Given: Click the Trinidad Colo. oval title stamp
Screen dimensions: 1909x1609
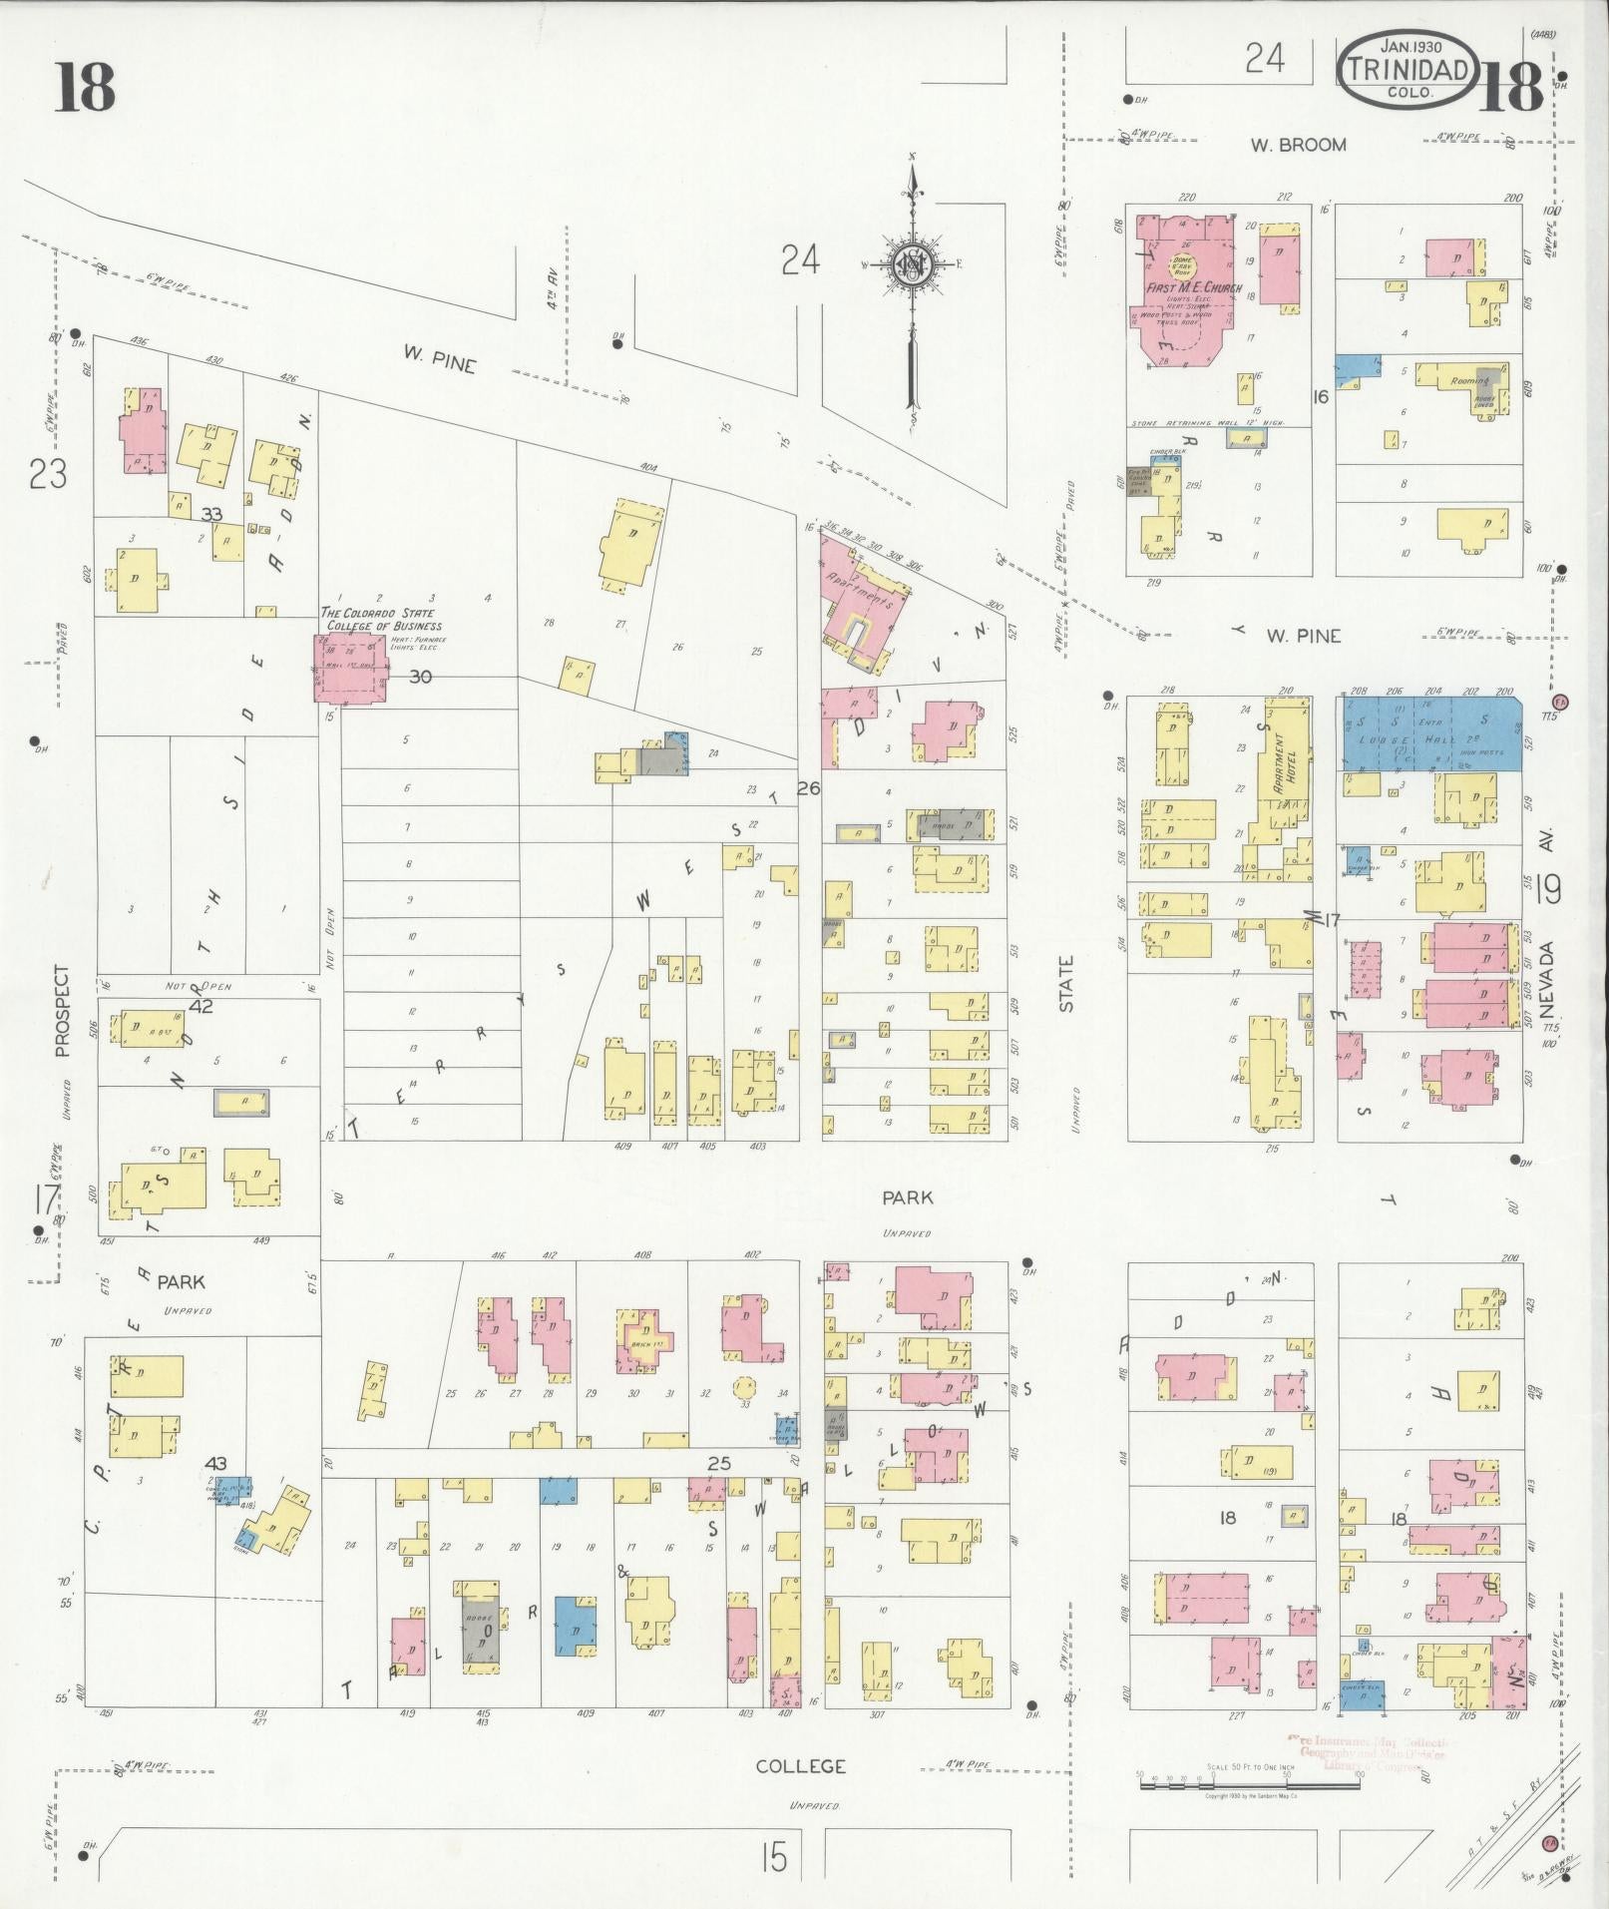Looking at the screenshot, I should [x=1408, y=69].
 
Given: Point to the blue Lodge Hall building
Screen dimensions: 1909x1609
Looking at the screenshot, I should [x=1428, y=733].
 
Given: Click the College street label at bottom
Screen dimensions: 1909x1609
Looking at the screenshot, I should [x=800, y=1766].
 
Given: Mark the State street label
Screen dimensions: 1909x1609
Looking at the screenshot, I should [x=1066, y=984].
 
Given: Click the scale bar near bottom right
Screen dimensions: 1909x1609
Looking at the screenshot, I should [x=1247, y=1781].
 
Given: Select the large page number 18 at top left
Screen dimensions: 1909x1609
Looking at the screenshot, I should [x=85, y=87].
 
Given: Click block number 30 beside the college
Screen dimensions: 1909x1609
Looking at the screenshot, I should [x=420, y=677].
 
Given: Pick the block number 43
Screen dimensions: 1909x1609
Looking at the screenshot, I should [x=214, y=1463].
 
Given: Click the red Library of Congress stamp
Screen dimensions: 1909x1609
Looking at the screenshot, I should [x=1369, y=1752].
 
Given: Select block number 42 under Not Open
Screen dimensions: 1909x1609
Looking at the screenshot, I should [x=201, y=1006].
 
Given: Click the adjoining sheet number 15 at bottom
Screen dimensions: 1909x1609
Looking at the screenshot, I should [x=772, y=1858].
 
